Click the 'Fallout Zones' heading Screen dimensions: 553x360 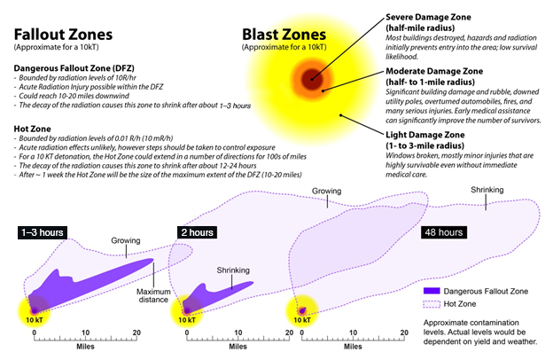pyautogui.click(x=63, y=35)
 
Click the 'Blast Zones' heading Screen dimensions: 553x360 pyautogui.click(x=284, y=35)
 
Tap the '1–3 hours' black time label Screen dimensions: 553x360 pyautogui.click(x=43, y=232)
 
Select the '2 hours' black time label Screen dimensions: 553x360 pyautogui.click(x=197, y=232)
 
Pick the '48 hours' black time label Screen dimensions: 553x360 pyautogui.click(x=444, y=232)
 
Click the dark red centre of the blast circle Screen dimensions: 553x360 pyautogui.click(x=312, y=80)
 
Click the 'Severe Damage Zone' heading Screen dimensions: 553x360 pyautogui.click(x=428, y=17)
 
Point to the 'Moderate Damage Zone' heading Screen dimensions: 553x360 pyautogui.click(x=434, y=71)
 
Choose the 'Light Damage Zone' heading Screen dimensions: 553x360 pyautogui.click(x=425, y=135)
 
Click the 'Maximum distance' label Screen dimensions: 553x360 pyautogui.click(x=153, y=296)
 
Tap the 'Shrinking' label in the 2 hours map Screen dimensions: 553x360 pyautogui.click(x=233, y=270)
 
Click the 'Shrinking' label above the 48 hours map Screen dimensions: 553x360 pyautogui.click(x=487, y=190)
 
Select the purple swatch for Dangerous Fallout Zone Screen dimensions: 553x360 pyautogui.click(x=432, y=291)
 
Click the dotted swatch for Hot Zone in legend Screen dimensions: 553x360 pyautogui.click(x=432, y=304)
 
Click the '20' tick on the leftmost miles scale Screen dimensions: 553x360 pyautogui.click(x=136, y=333)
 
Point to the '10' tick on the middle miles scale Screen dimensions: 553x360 pyautogui.click(x=238, y=333)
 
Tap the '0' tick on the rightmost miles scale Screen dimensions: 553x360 pyautogui.click(x=302, y=333)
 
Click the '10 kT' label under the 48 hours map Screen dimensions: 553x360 pyautogui.click(x=302, y=320)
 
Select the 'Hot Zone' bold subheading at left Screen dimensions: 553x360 pyautogui.click(x=32, y=129)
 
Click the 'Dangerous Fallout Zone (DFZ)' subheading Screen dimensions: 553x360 pyautogui.click(x=74, y=68)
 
